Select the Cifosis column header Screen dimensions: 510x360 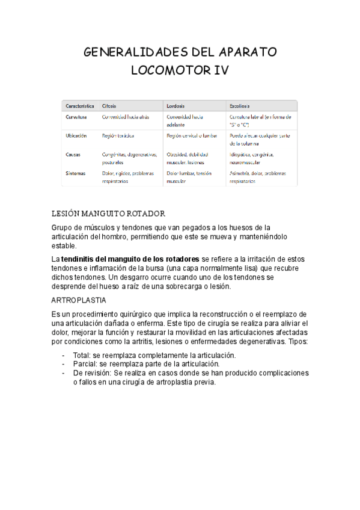tap(109, 105)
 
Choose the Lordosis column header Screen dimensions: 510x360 tap(175, 105)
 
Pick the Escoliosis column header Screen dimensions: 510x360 tap(240, 105)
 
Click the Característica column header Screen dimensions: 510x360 tap(80, 105)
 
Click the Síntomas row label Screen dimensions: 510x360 tap(76, 173)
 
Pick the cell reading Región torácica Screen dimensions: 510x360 tap(118, 136)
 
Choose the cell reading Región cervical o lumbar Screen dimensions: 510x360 tap(191, 136)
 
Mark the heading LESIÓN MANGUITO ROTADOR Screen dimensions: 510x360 tap(109, 214)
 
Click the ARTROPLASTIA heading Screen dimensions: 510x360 tap(79, 299)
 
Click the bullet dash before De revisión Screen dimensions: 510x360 tap(64, 373)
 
